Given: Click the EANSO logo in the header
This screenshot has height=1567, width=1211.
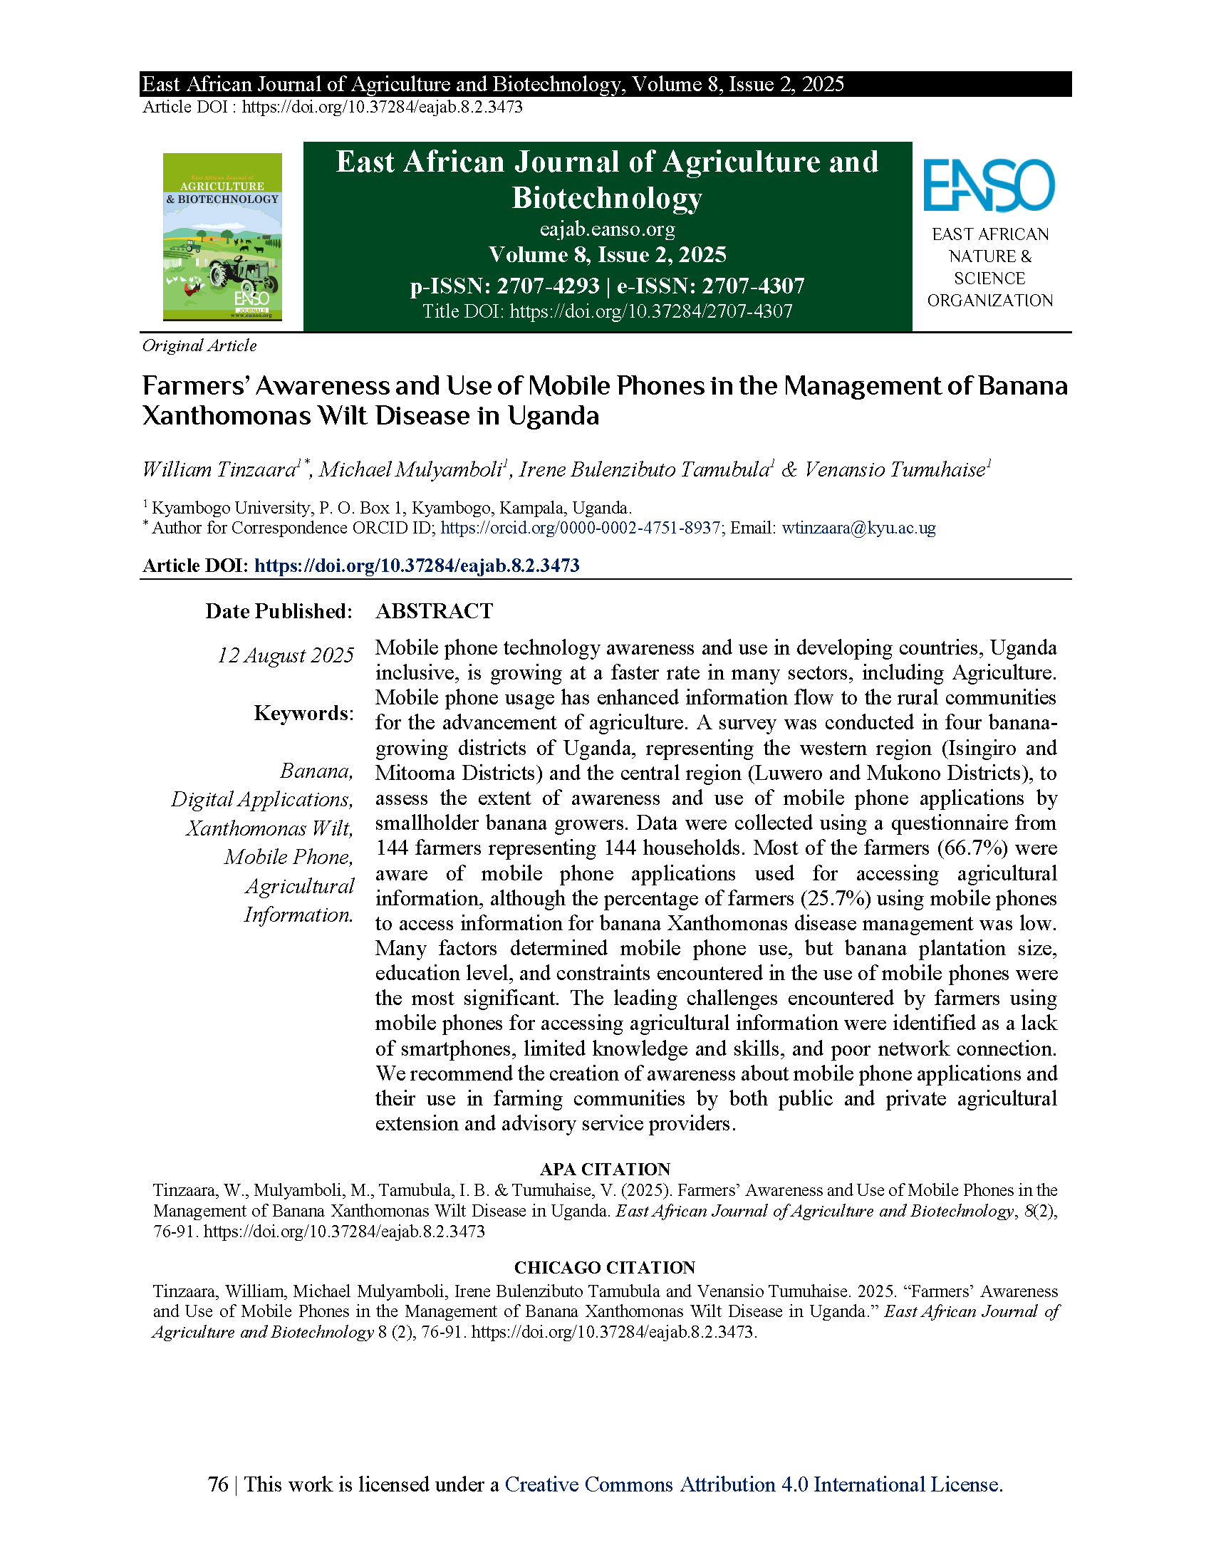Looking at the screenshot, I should [x=989, y=186].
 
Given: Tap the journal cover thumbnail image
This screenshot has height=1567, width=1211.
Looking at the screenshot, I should [x=222, y=236].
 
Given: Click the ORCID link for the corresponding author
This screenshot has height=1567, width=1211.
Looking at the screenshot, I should [x=580, y=528].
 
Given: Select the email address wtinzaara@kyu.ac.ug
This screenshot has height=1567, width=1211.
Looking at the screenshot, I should [x=859, y=528].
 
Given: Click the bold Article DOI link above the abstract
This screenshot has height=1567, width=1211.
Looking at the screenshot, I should [x=417, y=566].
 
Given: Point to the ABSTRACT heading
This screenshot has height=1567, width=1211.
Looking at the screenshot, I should [x=434, y=611].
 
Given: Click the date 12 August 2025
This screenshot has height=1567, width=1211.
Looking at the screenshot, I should [x=286, y=655].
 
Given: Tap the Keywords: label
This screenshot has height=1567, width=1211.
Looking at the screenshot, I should [x=303, y=713].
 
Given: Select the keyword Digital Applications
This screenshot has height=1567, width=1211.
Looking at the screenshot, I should [x=262, y=799].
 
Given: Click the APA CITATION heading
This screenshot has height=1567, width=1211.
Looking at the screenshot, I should [x=605, y=1169].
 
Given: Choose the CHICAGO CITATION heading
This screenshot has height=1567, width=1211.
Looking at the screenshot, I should [x=605, y=1268].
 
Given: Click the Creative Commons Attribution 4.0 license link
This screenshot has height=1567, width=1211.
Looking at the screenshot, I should [x=752, y=1484].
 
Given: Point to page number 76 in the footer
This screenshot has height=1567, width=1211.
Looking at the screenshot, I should [x=218, y=1484].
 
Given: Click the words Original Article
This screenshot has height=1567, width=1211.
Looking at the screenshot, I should [x=199, y=346].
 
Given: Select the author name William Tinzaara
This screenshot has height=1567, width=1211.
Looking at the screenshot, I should [x=219, y=470].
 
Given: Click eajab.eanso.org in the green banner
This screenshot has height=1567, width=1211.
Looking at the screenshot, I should [x=607, y=229].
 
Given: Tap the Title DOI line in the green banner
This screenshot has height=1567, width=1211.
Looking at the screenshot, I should [x=607, y=311].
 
